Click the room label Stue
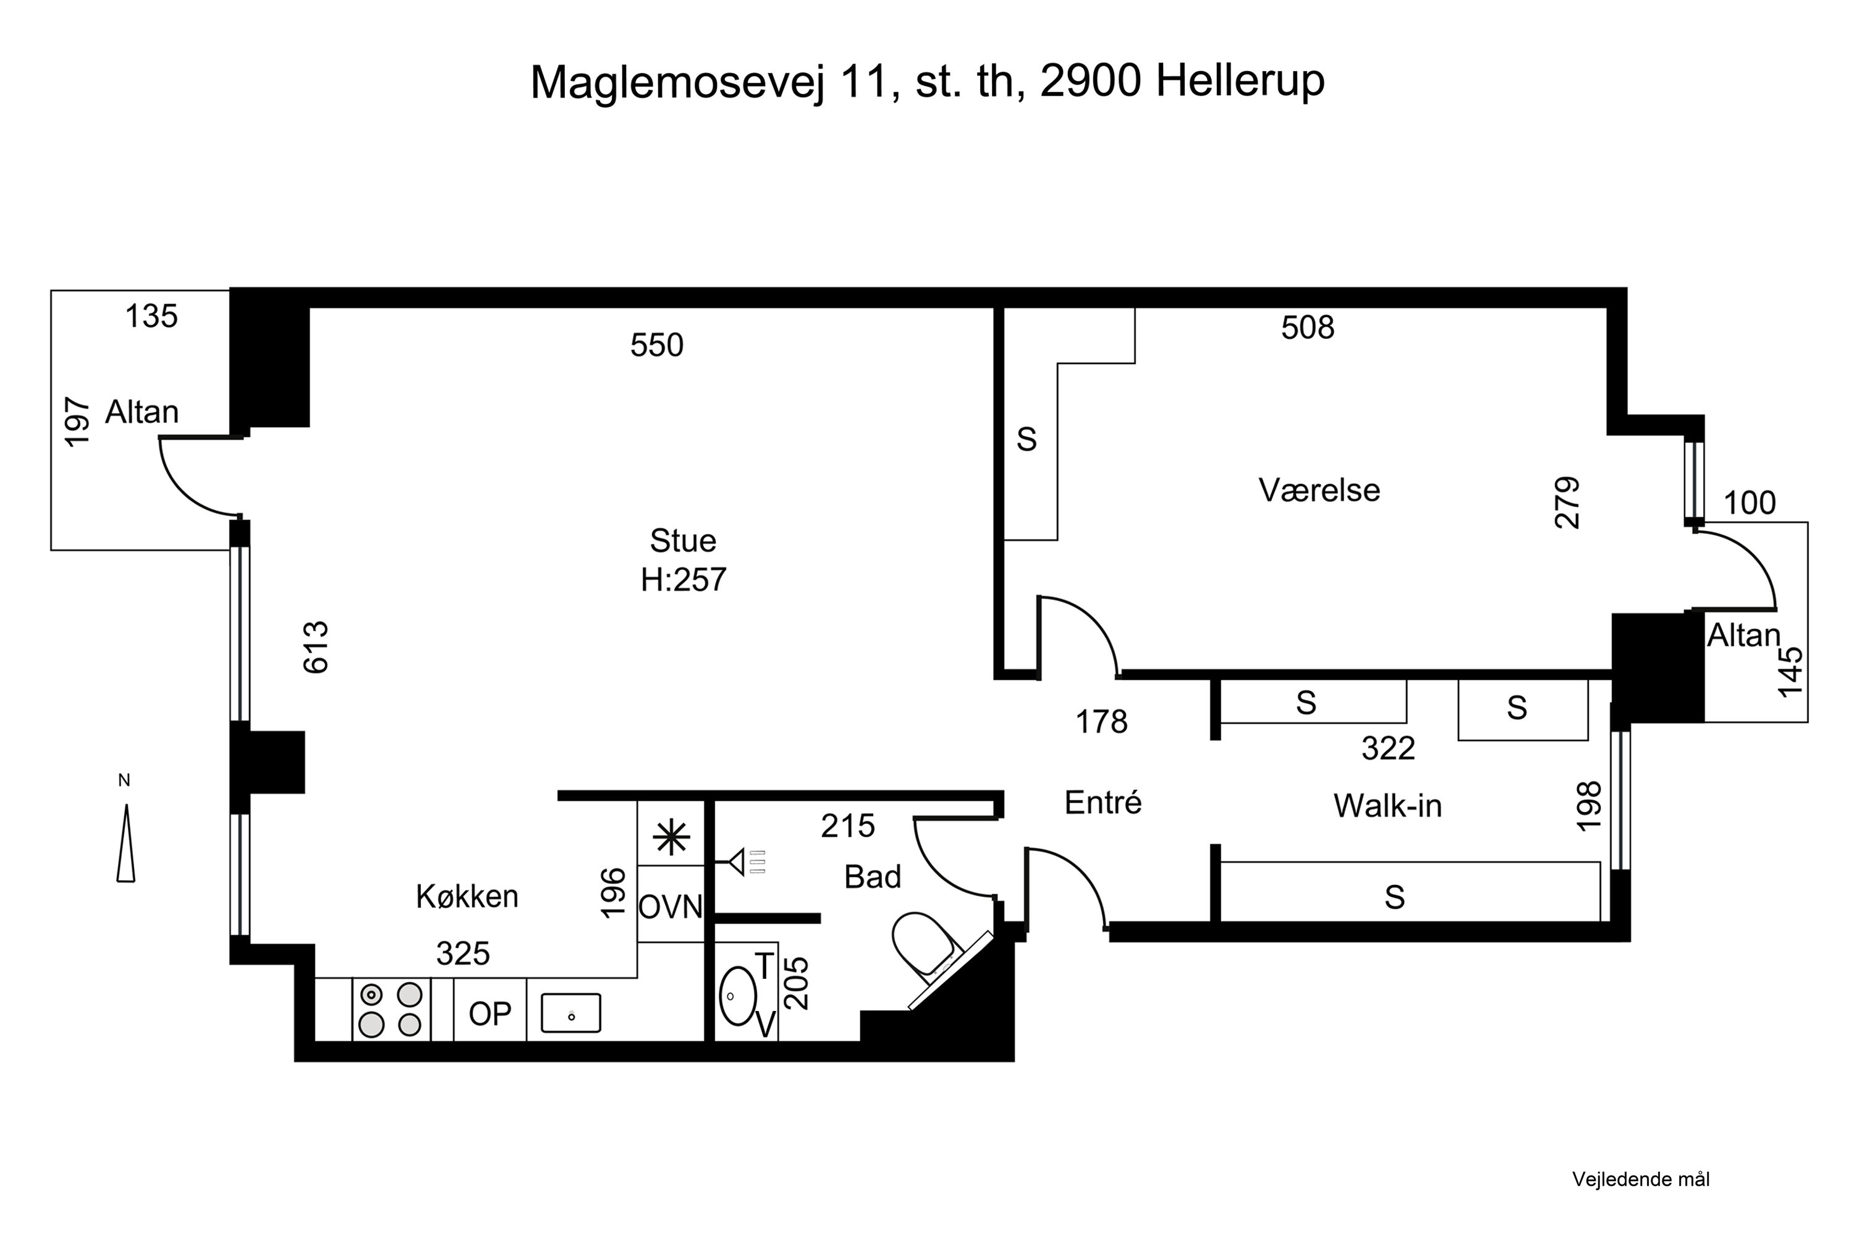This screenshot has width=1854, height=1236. point(683,541)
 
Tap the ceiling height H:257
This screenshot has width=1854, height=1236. point(683,580)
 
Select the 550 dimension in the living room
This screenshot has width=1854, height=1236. point(656,345)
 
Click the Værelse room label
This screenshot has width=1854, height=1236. point(1319,490)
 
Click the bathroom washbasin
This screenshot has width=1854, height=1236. point(738,996)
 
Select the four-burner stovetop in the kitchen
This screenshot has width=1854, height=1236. point(390,1010)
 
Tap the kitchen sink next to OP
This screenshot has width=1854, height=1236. point(570,1013)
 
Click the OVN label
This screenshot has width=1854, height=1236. point(670,907)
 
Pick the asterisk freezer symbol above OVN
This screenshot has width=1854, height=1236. point(671,838)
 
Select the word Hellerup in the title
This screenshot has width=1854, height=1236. point(1239,80)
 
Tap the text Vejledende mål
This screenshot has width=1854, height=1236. point(1640,1179)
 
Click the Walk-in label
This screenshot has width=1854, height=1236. point(1387,806)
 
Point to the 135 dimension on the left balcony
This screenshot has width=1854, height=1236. point(151,317)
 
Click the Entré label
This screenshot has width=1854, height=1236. point(1103,802)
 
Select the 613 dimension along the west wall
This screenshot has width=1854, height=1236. point(316,647)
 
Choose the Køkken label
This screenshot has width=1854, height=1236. point(467,896)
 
